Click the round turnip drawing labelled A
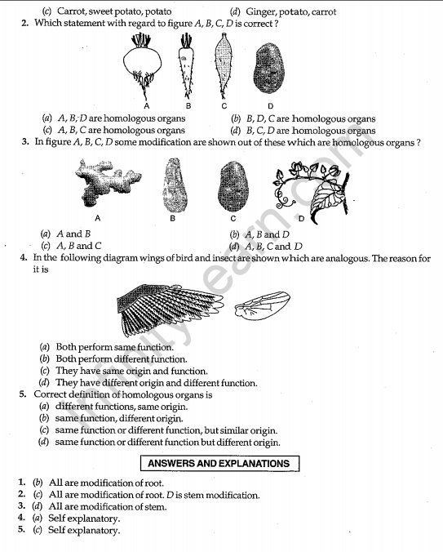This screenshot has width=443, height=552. [x=143, y=64]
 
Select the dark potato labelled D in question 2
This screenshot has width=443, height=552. [x=268, y=69]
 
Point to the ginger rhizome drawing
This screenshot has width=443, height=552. [x=107, y=182]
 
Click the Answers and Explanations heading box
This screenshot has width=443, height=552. [x=219, y=463]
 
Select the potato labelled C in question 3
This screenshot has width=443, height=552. [x=233, y=186]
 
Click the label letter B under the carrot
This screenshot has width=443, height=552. [x=188, y=106]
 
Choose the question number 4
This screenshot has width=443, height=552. [x=24, y=258]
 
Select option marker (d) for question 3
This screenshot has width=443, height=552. [x=234, y=247]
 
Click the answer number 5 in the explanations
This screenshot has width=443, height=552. [x=22, y=529]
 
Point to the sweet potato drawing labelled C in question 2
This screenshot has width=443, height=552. [x=224, y=65]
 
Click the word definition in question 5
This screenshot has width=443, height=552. [x=89, y=394]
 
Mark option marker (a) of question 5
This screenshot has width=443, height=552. [x=44, y=407]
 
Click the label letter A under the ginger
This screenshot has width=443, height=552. [x=98, y=218]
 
